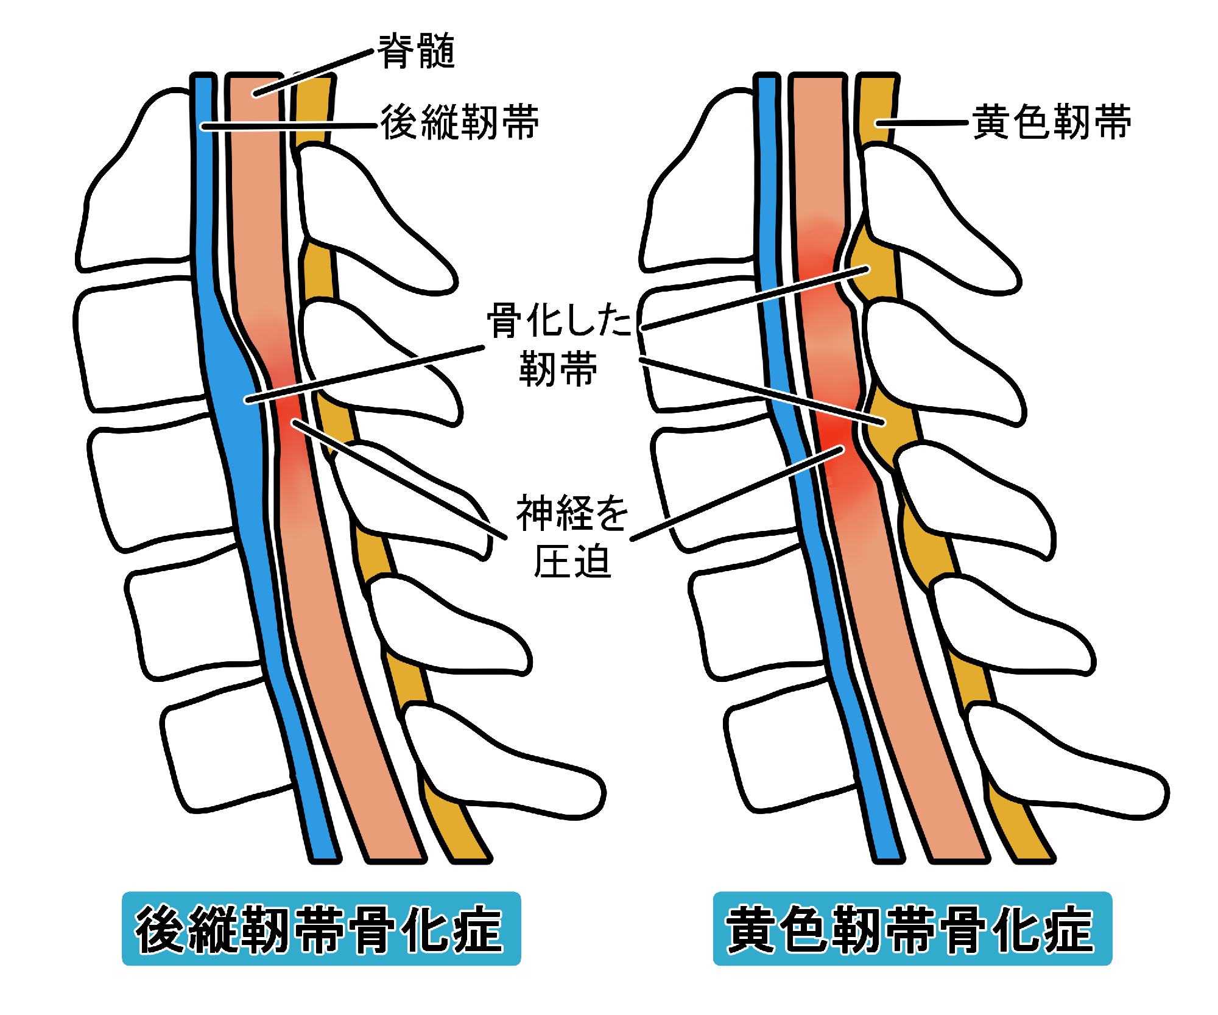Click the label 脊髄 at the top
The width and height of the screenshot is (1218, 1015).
[417, 51]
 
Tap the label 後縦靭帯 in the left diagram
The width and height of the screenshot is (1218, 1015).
[460, 122]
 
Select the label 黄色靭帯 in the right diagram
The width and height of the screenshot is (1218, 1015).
[1052, 122]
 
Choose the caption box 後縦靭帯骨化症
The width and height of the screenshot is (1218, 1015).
[321, 929]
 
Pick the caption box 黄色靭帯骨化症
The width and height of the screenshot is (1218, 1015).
[912, 929]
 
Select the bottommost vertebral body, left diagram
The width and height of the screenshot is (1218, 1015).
[225, 749]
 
